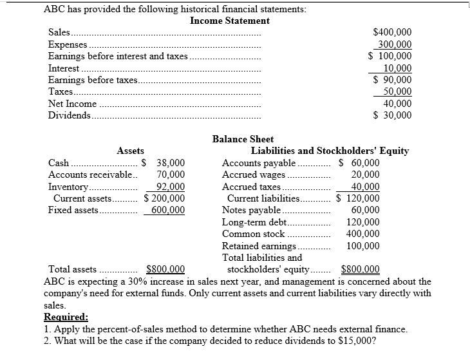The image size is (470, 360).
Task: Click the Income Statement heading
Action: pyautogui.click(x=230, y=21)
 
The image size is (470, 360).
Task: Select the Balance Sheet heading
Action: pyautogui.click(x=243, y=139)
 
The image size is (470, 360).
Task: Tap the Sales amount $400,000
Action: pyautogui.click(x=393, y=33)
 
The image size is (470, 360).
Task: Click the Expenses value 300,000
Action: pyautogui.click(x=395, y=44)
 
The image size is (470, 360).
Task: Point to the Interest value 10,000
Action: pyautogui.click(x=397, y=68)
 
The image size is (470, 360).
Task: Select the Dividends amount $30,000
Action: pyautogui.click(x=393, y=115)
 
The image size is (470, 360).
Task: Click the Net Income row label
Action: pyautogui.click(x=73, y=104)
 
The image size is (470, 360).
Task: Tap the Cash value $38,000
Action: pyautogui.click(x=164, y=163)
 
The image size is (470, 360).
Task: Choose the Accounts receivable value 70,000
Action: pyautogui.click(x=171, y=175)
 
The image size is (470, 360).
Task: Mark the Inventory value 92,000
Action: pyautogui.click(x=171, y=187)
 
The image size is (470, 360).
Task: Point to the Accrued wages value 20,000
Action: pyautogui.click(x=365, y=175)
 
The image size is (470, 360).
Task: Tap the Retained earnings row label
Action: pyautogui.click(x=259, y=246)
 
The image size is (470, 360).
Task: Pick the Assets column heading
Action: pyautogui.click(x=130, y=151)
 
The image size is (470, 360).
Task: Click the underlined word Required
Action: pyautogui.click(x=66, y=317)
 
